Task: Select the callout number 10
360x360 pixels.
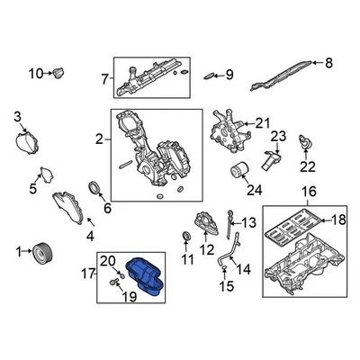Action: coord(35,73)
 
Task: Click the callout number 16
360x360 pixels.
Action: coord(309,191)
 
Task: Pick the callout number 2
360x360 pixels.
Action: coord(98,139)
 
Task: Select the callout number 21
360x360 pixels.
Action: coord(262,122)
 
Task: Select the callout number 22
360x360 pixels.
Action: coord(309,166)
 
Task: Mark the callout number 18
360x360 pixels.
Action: coord(338,220)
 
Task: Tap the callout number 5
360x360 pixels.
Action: coord(33,189)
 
